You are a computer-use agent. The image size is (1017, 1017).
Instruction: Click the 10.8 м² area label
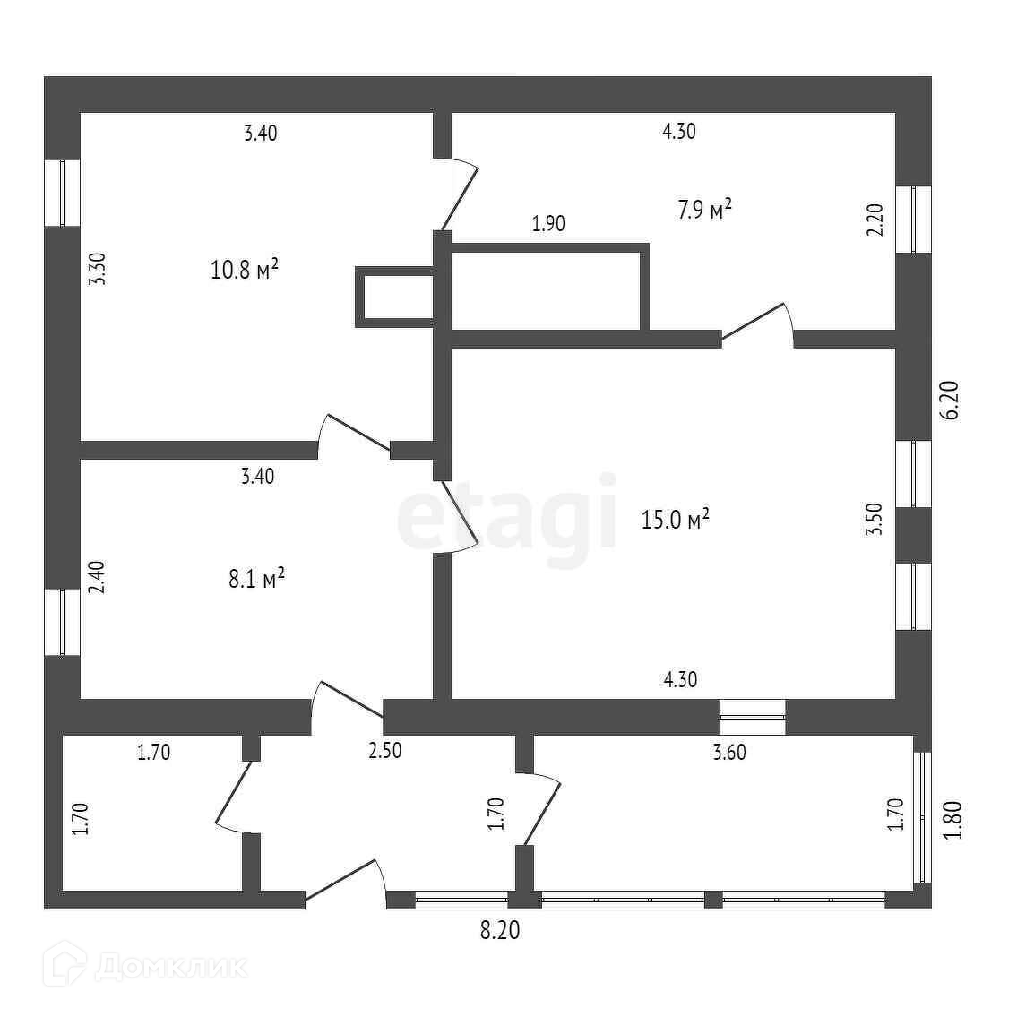(244, 269)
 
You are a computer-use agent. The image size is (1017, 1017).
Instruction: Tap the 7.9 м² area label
(705, 210)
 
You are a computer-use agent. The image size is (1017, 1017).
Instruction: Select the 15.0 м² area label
(676, 519)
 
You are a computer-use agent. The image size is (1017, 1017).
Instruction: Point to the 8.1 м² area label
(256, 579)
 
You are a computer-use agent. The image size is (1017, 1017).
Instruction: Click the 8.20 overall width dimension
(499, 932)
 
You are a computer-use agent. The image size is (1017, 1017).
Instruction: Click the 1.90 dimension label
(548, 224)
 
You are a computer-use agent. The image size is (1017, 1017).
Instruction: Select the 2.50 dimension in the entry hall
(385, 751)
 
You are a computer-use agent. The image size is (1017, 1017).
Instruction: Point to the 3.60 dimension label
(728, 753)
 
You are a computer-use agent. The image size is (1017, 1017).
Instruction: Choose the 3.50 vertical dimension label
(875, 520)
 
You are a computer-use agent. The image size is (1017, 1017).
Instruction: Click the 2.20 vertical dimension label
(875, 220)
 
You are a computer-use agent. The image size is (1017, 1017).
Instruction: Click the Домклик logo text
(170, 967)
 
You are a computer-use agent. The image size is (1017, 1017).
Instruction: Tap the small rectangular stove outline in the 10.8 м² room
(395, 297)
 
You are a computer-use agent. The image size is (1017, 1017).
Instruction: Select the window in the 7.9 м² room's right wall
(914, 220)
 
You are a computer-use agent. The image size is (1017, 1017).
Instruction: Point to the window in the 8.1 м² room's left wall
(62, 622)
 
